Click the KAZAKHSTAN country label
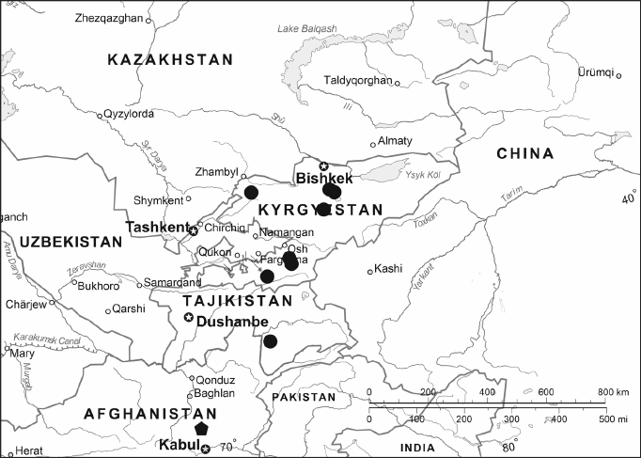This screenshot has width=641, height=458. (x=170, y=60)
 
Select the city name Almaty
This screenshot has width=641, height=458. (x=396, y=141)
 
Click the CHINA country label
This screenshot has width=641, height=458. (x=524, y=154)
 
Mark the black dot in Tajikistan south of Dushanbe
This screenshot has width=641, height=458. (x=271, y=340)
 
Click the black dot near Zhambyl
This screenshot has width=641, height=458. (x=251, y=193)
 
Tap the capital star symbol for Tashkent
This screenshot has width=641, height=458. (x=194, y=230)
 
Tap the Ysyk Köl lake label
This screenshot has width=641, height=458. (x=423, y=174)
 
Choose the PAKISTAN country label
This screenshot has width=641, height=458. (x=303, y=398)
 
